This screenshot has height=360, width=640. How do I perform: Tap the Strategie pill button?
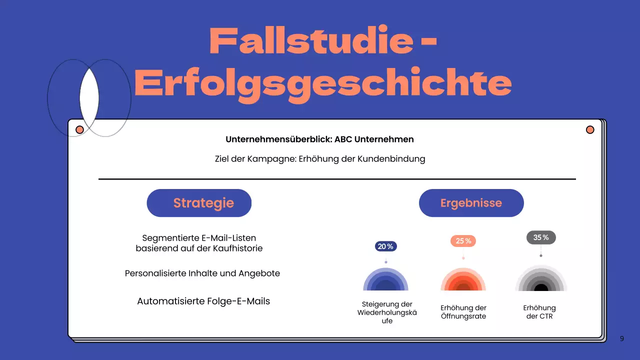pyautogui.click(x=199, y=203)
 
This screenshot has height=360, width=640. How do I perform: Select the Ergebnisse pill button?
pyautogui.click(x=471, y=203)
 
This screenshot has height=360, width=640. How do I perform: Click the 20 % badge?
pyautogui.click(x=385, y=246)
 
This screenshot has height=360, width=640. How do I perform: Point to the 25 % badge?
pyautogui.click(x=463, y=241)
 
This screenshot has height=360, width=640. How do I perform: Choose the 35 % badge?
pyautogui.click(x=541, y=237)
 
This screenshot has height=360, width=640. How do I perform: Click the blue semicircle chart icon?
pyautogui.click(x=385, y=280)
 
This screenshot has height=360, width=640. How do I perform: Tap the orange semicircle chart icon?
pyautogui.click(x=463, y=280)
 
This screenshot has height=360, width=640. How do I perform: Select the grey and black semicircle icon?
pyautogui.click(x=541, y=279)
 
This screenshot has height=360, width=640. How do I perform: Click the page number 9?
pyautogui.click(x=621, y=338)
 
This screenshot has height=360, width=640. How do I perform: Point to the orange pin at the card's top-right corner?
pyautogui.click(x=590, y=130)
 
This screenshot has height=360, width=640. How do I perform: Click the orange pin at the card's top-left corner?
pyautogui.click(x=79, y=130)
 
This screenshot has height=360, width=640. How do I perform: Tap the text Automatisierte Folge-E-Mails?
pyautogui.click(x=203, y=301)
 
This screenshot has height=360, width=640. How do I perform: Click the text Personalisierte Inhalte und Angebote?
pyautogui.click(x=202, y=273)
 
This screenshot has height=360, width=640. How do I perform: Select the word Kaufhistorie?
pyautogui.click(x=237, y=248)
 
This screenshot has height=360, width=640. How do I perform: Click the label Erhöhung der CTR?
pyautogui.click(x=539, y=312)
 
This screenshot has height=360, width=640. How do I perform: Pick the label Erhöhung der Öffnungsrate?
pyautogui.click(x=463, y=312)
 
